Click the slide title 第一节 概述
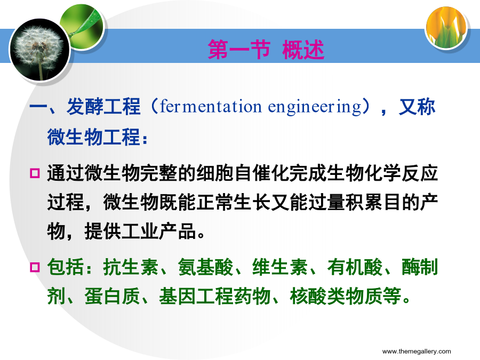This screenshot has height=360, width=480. [266, 49]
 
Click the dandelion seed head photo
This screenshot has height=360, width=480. [40, 50]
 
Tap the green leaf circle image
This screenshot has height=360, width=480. [83, 26]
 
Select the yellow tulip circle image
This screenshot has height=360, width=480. [446, 28]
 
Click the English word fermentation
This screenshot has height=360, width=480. [211, 107]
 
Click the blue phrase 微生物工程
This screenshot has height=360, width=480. [94, 137]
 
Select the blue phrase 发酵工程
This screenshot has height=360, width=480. [103, 107]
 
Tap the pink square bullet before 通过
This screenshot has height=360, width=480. [35, 173]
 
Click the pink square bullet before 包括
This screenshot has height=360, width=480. [35, 267]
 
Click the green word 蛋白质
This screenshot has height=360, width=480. [113, 296]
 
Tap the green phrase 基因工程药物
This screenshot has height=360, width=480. [214, 296]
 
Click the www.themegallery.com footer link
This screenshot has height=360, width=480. [417, 351]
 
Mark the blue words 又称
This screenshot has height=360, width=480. [417, 107]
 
